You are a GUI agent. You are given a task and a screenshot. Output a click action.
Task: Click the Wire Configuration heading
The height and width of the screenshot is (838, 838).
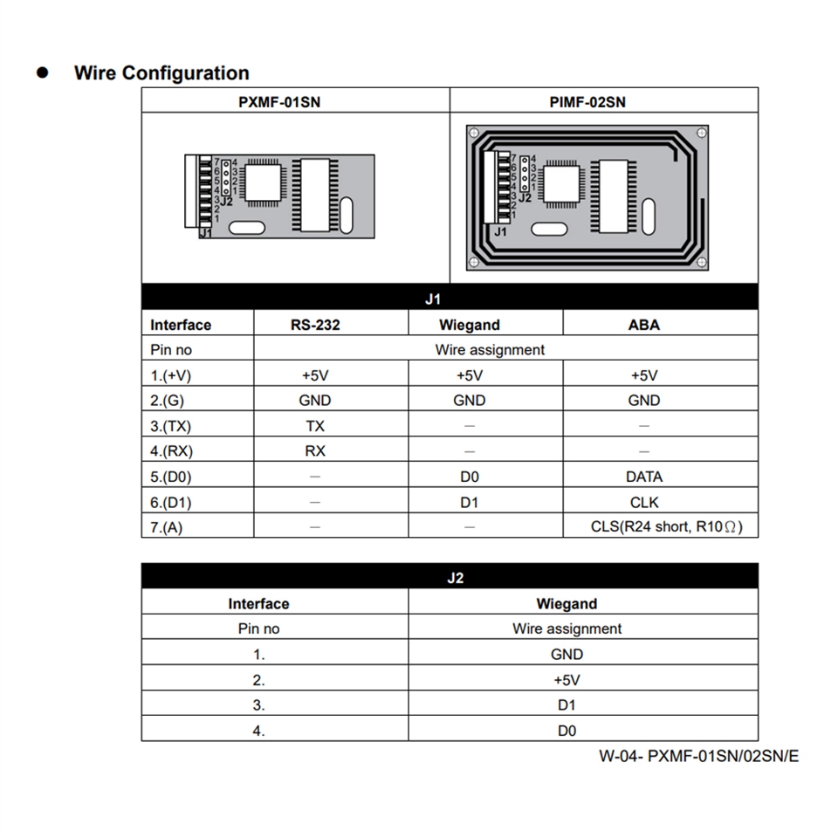point(161,73)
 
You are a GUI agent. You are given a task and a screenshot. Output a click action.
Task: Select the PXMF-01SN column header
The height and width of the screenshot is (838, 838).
point(279,102)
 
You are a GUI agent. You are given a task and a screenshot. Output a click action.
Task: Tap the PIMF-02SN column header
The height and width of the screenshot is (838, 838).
point(587,102)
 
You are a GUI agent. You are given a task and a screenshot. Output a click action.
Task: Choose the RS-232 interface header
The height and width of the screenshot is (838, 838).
point(315,325)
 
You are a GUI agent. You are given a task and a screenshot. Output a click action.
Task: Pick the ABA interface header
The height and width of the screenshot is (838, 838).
point(643,325)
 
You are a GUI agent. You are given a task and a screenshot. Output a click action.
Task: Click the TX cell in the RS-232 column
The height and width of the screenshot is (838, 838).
point(315,426)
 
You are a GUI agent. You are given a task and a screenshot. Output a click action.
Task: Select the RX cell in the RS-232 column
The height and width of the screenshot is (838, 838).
point(315,451)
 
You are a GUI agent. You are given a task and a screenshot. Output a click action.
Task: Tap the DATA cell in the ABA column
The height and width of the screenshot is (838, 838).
point(644,477)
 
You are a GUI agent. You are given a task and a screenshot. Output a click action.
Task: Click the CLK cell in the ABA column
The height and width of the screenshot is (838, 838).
point(644,502)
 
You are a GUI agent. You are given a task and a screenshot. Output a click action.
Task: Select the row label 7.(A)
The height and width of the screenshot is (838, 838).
point(167,527)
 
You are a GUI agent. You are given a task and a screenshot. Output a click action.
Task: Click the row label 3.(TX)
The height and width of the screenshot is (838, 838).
point(171,426)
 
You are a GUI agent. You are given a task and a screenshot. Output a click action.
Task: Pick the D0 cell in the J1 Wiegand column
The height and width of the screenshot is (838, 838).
point(470,477)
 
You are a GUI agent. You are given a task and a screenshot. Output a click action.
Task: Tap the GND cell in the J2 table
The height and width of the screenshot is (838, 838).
point(567,654)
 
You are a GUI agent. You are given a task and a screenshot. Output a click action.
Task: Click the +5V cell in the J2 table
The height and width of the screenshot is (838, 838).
point(567,680)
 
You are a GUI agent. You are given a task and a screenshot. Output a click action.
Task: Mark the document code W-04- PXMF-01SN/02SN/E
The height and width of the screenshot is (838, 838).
point(698,756)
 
